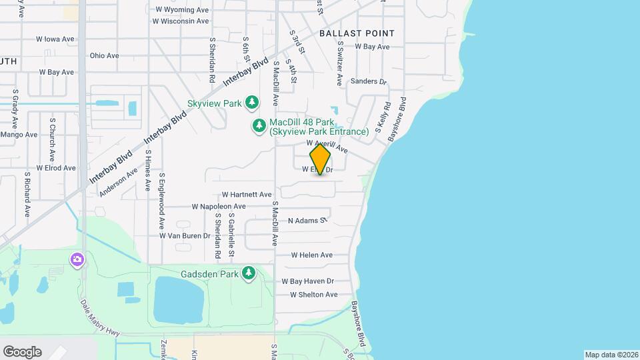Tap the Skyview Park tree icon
click(252, 103)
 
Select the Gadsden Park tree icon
click(249, 273)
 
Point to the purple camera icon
click(78, 259)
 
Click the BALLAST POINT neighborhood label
click(357, 33)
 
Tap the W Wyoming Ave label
click(181, 10)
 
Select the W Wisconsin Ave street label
click(181, 21)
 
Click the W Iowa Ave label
click(55, 39)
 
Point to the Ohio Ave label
click(104, 56)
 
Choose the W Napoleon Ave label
click(219, 207)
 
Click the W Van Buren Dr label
click(185, 236)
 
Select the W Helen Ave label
click(311, 255)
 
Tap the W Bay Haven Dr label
click(311, 282)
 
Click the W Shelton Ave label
click(314, 295)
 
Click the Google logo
click(22, 352)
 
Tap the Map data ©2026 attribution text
click(611, 355)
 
